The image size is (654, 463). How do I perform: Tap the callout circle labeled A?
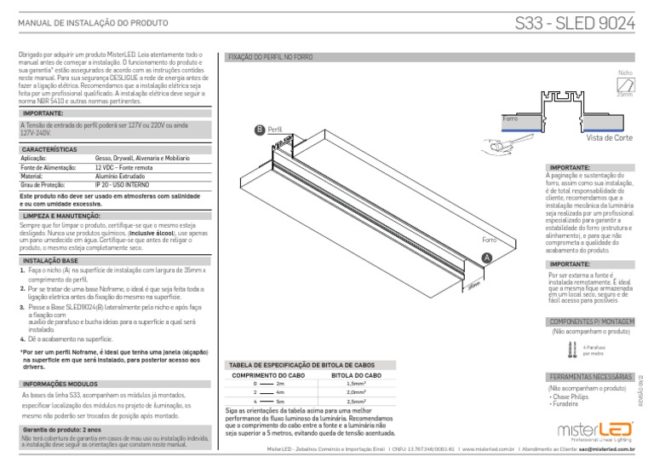coord(486,258)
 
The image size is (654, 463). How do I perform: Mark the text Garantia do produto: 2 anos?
coord(58,430)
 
